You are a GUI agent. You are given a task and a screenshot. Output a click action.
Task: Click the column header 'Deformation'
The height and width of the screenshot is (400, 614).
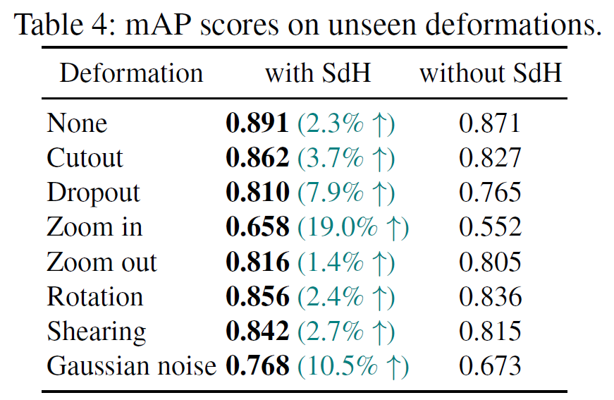(x=131, y=73)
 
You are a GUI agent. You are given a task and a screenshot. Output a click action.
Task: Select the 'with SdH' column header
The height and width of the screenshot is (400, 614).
(x=317, y=73)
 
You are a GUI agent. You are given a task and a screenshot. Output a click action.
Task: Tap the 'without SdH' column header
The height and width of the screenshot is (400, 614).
(x=491, y=73)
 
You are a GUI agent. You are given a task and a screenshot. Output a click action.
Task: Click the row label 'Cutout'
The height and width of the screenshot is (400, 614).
(x=85, y=157)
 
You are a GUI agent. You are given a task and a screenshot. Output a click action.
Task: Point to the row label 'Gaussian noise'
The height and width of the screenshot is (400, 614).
(x=131, y=366)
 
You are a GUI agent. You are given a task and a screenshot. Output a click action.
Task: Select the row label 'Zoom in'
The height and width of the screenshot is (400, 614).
(x=94, y=227)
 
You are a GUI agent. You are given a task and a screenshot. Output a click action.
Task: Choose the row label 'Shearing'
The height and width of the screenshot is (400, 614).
(x=97, y=332)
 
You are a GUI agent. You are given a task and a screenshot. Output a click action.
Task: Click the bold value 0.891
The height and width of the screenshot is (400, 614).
(x=257, y=123)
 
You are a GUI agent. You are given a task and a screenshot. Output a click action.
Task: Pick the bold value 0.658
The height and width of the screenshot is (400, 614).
(x=257, y=227)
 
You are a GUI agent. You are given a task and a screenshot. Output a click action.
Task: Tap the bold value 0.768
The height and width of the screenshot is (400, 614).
(x=257, y=366)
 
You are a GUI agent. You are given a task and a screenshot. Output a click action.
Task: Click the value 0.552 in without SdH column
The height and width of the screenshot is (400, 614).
(x=490, y=227)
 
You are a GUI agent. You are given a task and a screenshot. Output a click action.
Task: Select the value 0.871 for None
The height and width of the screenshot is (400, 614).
(x=490, y=123)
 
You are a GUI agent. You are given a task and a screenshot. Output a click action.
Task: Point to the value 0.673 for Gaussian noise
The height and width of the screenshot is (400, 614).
(x=490, y=366)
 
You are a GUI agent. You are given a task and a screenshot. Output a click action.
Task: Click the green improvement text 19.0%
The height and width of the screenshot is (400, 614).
(x=352, y=227)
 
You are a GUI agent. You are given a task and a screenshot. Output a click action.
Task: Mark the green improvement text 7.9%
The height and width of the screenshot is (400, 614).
(x=345, y=193)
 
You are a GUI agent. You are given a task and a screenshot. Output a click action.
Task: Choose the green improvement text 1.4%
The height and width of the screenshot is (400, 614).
(x=345, y=262)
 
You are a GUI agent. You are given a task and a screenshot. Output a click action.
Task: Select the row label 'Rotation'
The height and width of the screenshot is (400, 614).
(x=94, y=297)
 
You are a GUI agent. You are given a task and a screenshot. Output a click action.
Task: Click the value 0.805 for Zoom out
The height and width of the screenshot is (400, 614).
(x=490, y=262)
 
